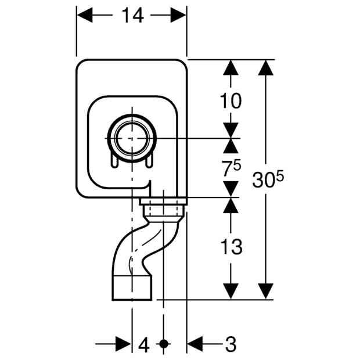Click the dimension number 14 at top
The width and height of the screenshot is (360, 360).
point(133,15)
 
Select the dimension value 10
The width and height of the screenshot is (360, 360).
point(231,101)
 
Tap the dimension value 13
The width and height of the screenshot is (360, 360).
point(231,247)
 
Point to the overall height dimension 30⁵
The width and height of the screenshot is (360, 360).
point(268,179)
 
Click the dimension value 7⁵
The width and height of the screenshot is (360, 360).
point(231,168)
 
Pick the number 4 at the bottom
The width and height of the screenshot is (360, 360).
point(144,344)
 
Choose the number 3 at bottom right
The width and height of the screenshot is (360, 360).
point(231,344)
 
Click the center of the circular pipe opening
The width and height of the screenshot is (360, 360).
point(132,138)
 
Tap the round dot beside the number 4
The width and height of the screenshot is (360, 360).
point(164,344)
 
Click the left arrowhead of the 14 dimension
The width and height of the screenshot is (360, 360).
point(85,15)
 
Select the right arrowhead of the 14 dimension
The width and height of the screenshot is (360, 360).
point(178,15)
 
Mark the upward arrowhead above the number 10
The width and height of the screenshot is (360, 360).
point(231,67)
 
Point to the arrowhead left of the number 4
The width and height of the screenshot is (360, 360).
point(123,344)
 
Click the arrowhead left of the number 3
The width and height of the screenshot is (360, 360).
point(195,344)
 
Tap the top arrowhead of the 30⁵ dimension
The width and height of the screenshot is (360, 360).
point(265,68)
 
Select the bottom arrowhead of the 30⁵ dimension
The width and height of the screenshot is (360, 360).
point(265,291)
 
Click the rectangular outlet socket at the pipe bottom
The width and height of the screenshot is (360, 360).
point(132,288)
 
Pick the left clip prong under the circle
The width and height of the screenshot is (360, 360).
point(114,160)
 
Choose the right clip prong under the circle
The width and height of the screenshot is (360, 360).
point(149,160)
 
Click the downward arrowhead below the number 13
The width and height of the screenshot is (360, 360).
point(231,291)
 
